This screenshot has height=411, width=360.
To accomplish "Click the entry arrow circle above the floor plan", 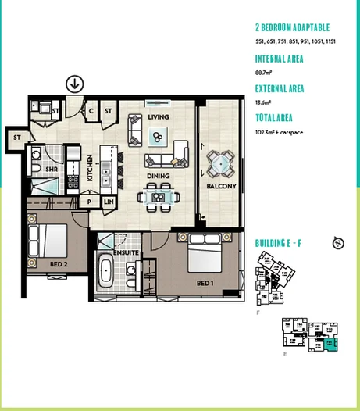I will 75,84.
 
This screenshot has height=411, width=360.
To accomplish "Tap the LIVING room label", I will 159,117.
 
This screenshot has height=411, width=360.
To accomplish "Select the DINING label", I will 159,176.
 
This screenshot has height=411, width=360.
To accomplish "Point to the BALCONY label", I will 221,187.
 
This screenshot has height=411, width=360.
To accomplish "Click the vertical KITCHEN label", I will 91,168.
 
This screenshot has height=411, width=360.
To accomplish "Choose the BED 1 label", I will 205,283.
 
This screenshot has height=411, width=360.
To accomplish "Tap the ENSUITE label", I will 126,254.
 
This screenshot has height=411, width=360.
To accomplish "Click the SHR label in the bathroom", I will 53,169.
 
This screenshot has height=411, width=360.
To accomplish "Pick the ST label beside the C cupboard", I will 109,111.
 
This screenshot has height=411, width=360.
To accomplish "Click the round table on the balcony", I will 221,163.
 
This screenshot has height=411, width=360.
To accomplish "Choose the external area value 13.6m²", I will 263,102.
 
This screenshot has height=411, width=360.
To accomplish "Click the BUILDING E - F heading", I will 278,244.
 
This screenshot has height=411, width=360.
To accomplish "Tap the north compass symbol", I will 338,243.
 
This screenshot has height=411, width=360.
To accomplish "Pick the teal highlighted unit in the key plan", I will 332,342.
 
